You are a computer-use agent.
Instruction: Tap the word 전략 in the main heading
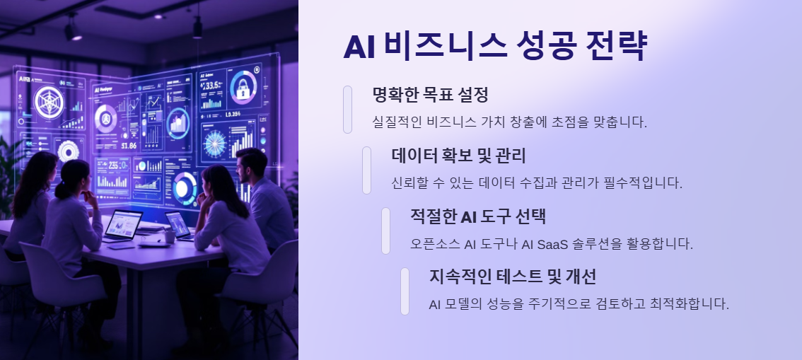pos(617,46)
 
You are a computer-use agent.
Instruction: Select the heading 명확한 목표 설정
pos(430,95)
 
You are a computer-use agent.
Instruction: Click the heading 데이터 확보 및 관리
pos(458,156)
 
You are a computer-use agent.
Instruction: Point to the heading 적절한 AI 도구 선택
pos(478,216)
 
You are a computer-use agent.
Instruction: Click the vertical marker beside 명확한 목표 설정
pos(347,109)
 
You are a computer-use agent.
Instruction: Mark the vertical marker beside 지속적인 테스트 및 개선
pos(405,291)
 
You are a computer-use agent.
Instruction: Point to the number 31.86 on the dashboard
pos(129,146)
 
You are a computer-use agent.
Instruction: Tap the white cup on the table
pos(169,236)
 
